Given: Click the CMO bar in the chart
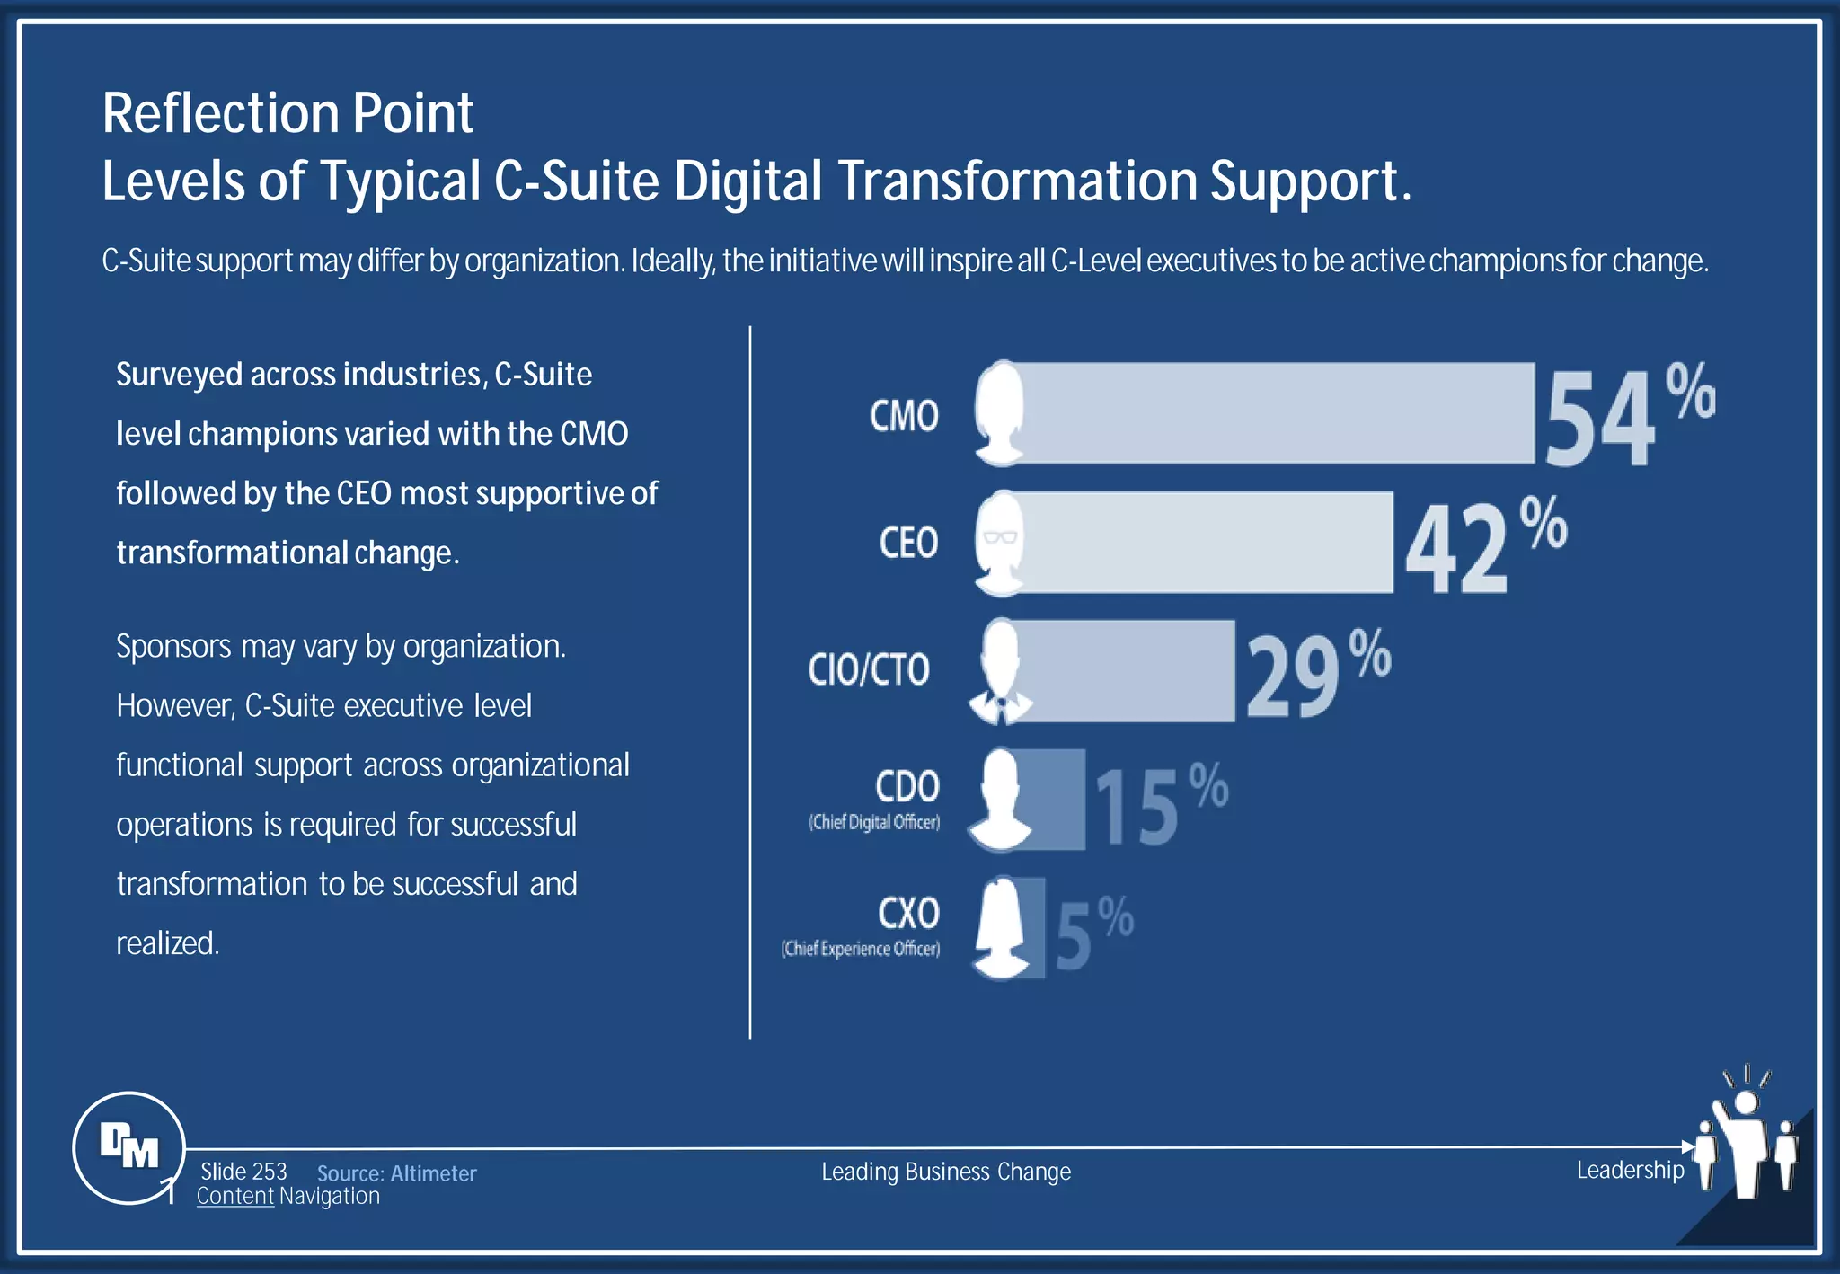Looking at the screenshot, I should coord(1276,413).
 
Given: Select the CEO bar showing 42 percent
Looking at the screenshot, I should coord(1204,542).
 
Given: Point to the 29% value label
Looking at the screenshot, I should coord(1316,674).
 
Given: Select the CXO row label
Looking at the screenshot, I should coord(908,913).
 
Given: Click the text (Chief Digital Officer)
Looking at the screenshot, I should coord(874,822).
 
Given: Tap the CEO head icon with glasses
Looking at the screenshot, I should coord(1000,543).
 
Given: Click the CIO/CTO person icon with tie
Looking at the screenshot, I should coord(1000,671).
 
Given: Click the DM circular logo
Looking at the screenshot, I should coord(128,1147).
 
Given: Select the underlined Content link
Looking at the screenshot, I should coord(234,1197).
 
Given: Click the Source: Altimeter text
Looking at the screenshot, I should coord(396,1173).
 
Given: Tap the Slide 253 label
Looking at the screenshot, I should coord(243,1172).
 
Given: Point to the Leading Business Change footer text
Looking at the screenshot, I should coord(946,1172).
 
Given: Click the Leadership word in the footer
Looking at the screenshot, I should coord(1630,1170).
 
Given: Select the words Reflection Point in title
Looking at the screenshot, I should coord(287,113).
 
